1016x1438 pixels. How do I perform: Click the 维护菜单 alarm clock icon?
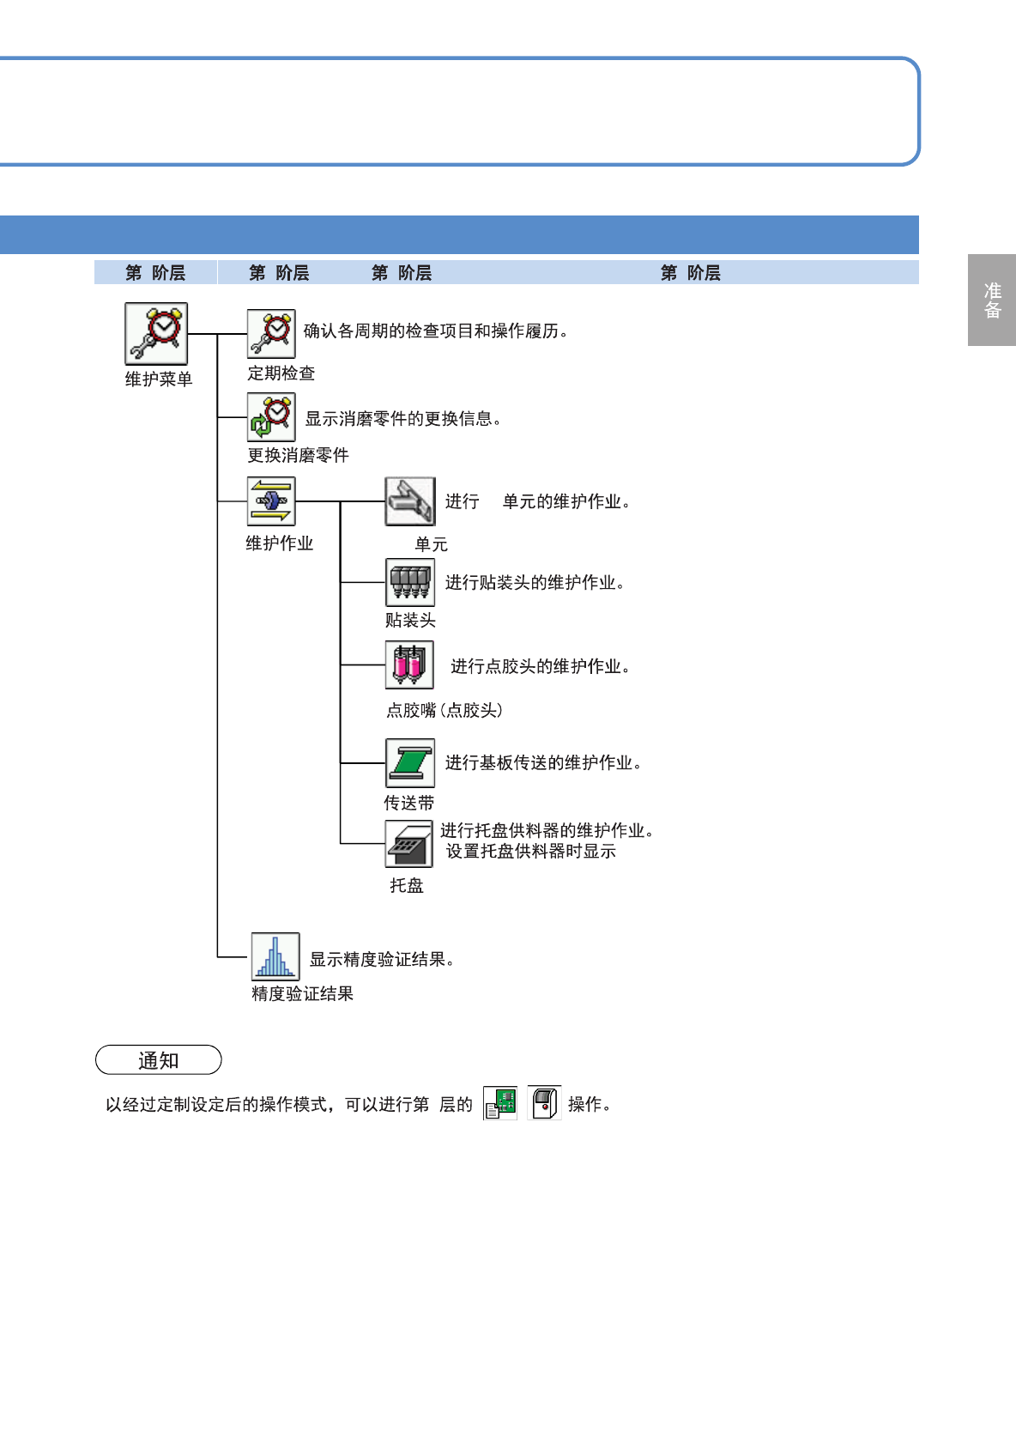click(x=156, y=334)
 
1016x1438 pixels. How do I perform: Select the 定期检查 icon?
click(x=271, y=334)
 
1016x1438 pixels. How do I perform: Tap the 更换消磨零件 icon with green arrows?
click(x=271, y=417)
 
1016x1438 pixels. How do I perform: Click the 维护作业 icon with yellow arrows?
click(x=271, y=501)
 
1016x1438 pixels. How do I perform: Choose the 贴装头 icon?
click(x=410, y=582)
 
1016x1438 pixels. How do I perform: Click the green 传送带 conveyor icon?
click(x=410, y=762)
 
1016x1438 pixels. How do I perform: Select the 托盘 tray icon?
click(x=409, y=844)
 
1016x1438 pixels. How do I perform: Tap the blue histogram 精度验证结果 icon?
click(x=275, y=956)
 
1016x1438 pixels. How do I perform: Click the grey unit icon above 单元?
click(x=410, y=501)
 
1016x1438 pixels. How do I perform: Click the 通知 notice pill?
click(x=159, y=1060)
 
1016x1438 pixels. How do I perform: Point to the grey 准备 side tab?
click(x=992, y=300)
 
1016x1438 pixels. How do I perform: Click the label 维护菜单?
click(x=159, y=379)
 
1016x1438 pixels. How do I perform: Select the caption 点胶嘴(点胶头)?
click(x=444, y=710)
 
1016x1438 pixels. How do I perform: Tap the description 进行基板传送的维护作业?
click(x=543, y=762)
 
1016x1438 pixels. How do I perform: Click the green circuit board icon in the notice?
click(x=500, y=1103)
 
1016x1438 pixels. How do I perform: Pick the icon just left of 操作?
click(x=544, y=1103)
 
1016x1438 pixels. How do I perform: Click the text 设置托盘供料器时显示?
click(x=531, y=851)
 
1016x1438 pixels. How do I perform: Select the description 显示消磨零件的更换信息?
click(x=403, y=418)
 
